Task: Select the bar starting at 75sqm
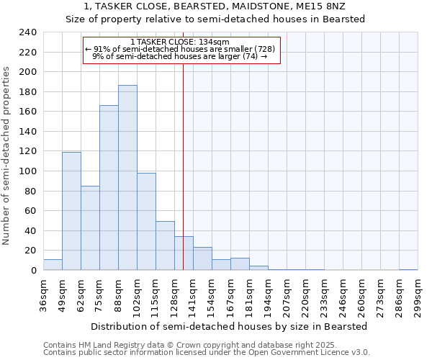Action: click(109, 188)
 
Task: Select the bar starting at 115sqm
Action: click(165, 246)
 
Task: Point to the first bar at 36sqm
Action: click(53, 265)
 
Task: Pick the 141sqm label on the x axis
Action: click(194, 296)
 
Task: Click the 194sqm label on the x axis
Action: click(269, 296)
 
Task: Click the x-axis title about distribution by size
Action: click(230, 326)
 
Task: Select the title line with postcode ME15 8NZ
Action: click(215, 6)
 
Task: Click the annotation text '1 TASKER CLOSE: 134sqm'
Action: click(180, 42)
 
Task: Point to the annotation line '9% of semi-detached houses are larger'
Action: click(180, 55)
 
